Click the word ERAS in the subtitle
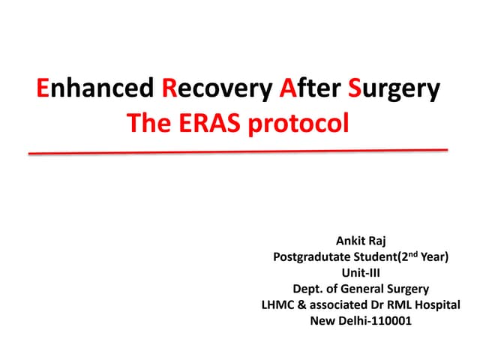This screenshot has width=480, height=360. pyautogui.click(x=214, y=123)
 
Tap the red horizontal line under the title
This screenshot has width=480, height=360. pyautogui.click(x=238, y=151)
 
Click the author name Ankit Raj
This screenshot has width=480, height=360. pyautogui.click(x=361, y=242)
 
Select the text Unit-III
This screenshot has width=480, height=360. pyautogui.click(x=361, y=274)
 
